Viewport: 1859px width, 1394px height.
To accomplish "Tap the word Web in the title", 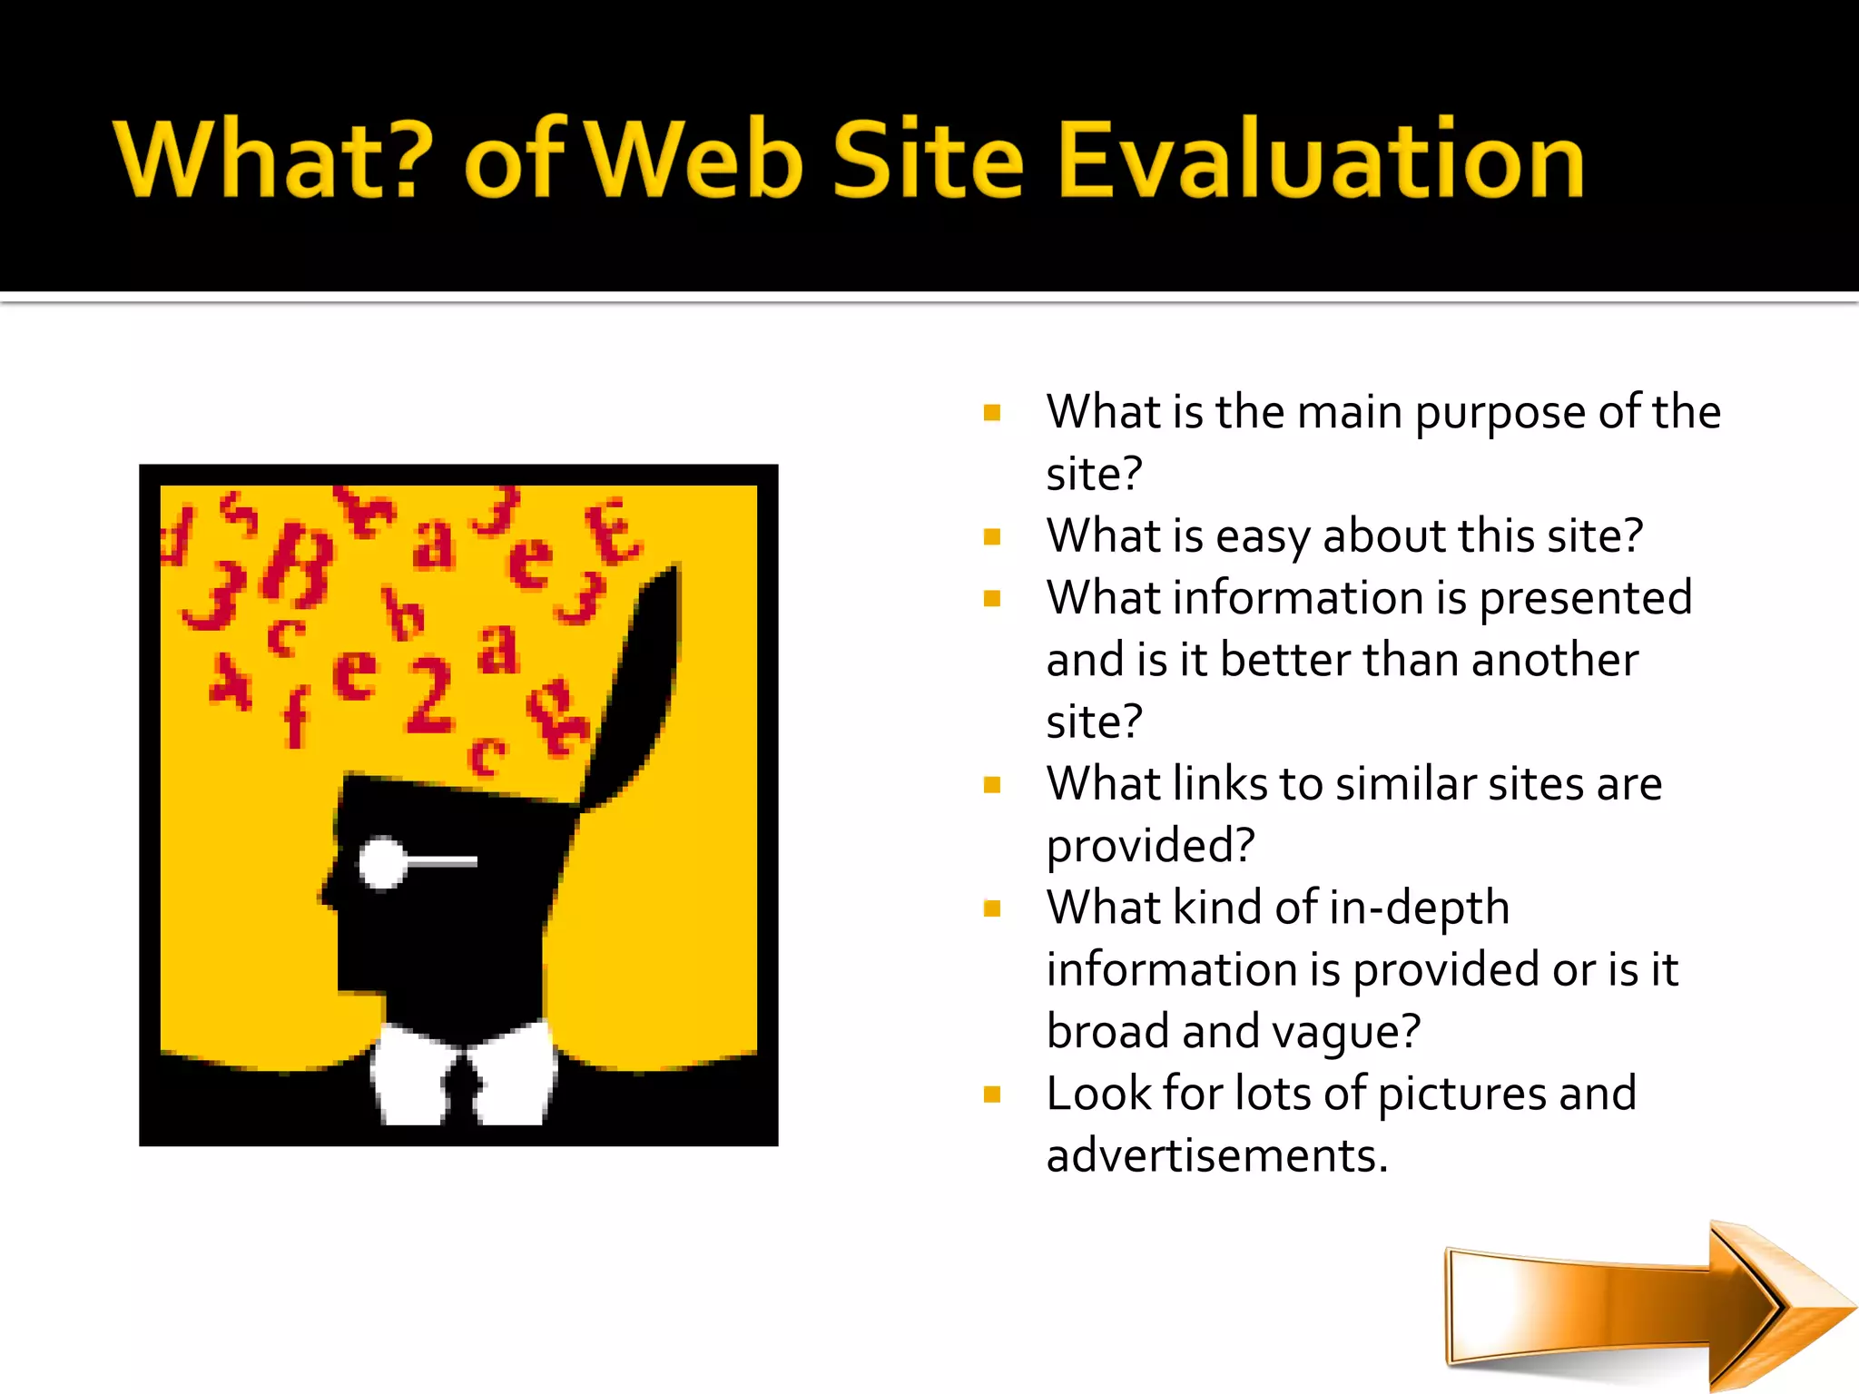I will point(697,162).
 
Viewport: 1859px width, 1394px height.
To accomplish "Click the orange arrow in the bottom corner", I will point(1634,1307).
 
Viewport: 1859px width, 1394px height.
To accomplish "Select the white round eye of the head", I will point(382,862).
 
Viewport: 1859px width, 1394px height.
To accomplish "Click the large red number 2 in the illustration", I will point(428,694).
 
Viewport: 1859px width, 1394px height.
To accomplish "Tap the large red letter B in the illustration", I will point(298,567).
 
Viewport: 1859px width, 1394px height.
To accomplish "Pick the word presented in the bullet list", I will point(1585,599).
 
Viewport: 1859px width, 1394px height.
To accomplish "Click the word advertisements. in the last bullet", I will point(1216,1156).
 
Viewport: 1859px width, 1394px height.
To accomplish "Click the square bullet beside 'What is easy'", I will point(992,537).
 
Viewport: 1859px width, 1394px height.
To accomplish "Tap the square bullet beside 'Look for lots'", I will point(992,1095).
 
